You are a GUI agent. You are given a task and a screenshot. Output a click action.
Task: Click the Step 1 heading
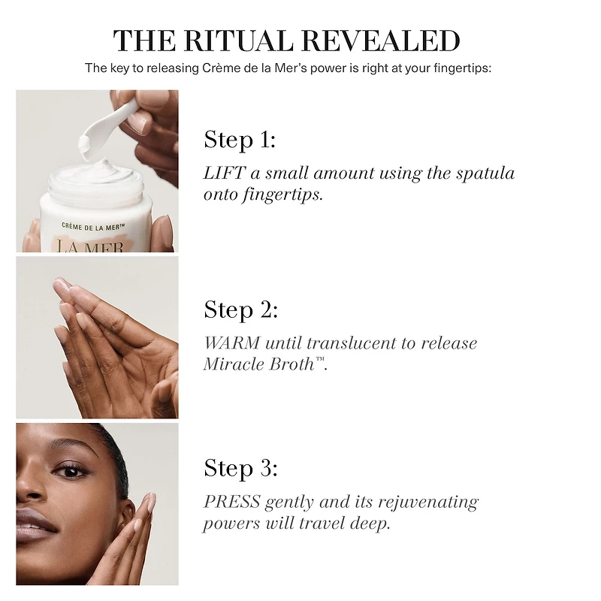coord(240,140)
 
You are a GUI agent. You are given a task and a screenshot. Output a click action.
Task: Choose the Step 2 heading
coord(240,310)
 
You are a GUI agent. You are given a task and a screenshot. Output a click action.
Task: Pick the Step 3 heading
coord(240,468)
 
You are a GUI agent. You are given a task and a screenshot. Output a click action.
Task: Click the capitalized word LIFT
coord(224,174)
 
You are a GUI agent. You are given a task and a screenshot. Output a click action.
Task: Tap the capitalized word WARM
coord(231,343)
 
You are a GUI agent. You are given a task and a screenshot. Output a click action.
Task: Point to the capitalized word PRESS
coord(231,502)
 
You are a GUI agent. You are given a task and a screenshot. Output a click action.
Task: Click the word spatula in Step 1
coord(485,174)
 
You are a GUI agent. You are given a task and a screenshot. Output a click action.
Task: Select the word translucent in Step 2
coord(351,343)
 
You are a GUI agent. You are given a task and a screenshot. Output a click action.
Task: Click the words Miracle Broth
coord(259,364)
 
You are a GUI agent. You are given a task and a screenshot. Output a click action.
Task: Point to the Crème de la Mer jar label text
coord(93,227)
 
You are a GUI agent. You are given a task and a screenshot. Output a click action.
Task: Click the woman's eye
coord(71,470)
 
